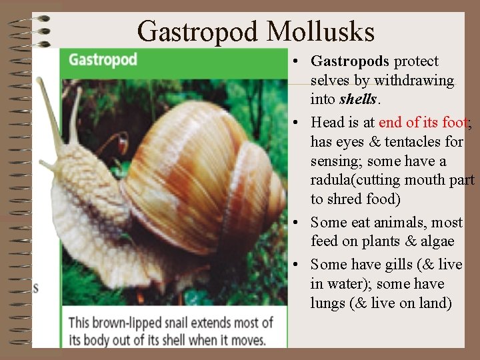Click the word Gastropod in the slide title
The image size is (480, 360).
(198, 31)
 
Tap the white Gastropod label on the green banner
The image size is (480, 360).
(103, 59)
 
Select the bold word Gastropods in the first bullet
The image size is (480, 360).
(350, 61)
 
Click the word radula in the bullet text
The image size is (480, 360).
(331, 180)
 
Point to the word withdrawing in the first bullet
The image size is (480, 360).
(414, 81)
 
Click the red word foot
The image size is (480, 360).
(455, 122)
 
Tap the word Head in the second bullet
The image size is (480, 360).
(327, 122)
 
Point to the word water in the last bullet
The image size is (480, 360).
(345, 284)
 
